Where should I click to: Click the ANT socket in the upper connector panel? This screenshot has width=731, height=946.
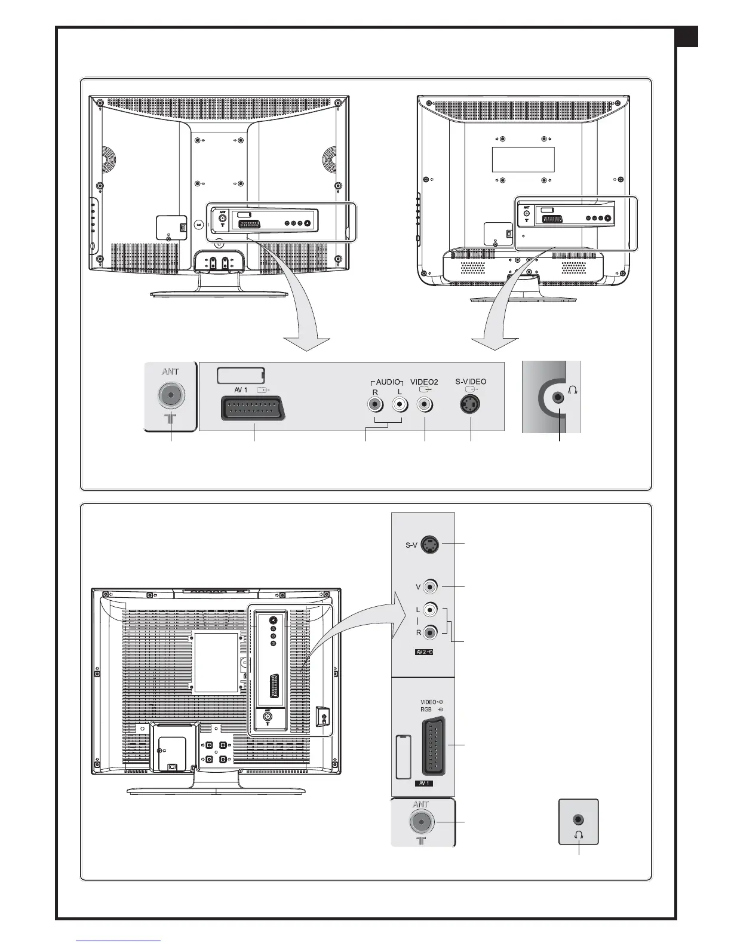point(171,395)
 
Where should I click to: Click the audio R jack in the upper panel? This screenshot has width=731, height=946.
point(375,405)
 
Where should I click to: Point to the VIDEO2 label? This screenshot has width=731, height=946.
point(424,382)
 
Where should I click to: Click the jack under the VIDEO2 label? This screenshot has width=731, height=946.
point(425,405)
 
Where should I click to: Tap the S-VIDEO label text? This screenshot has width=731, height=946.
point(471,382)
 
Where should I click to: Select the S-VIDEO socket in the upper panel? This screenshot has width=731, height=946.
point(471,405)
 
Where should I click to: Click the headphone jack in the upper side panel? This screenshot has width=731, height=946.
point(559,397)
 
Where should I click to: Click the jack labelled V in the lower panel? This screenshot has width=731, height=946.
point(430,586)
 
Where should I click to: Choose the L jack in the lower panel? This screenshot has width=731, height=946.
point(430,610)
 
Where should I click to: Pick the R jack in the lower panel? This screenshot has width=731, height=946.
point(430,631)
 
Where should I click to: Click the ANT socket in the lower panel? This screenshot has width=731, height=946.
point(422,822)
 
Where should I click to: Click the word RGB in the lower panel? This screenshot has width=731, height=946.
point(426,709)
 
